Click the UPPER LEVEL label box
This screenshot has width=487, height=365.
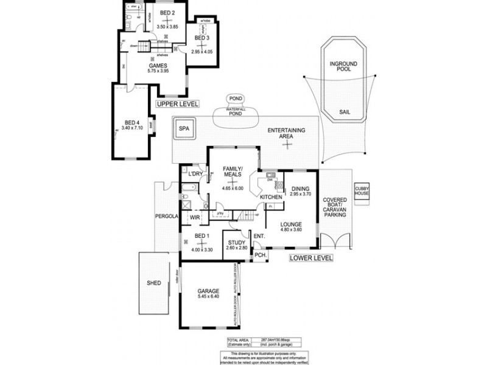tap(178, 104)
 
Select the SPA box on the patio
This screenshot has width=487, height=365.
tap(183, 129)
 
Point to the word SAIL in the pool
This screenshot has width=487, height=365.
tap(345, 112)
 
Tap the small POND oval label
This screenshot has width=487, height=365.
tap(234, 99)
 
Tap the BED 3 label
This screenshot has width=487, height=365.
tap(202, 38)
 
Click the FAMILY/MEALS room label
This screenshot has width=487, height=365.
tap(234, 171)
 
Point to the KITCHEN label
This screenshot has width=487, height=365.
tap(271, 198)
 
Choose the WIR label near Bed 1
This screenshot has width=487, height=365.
tap(195, 217)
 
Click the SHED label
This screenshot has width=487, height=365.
tap(154, 283)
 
